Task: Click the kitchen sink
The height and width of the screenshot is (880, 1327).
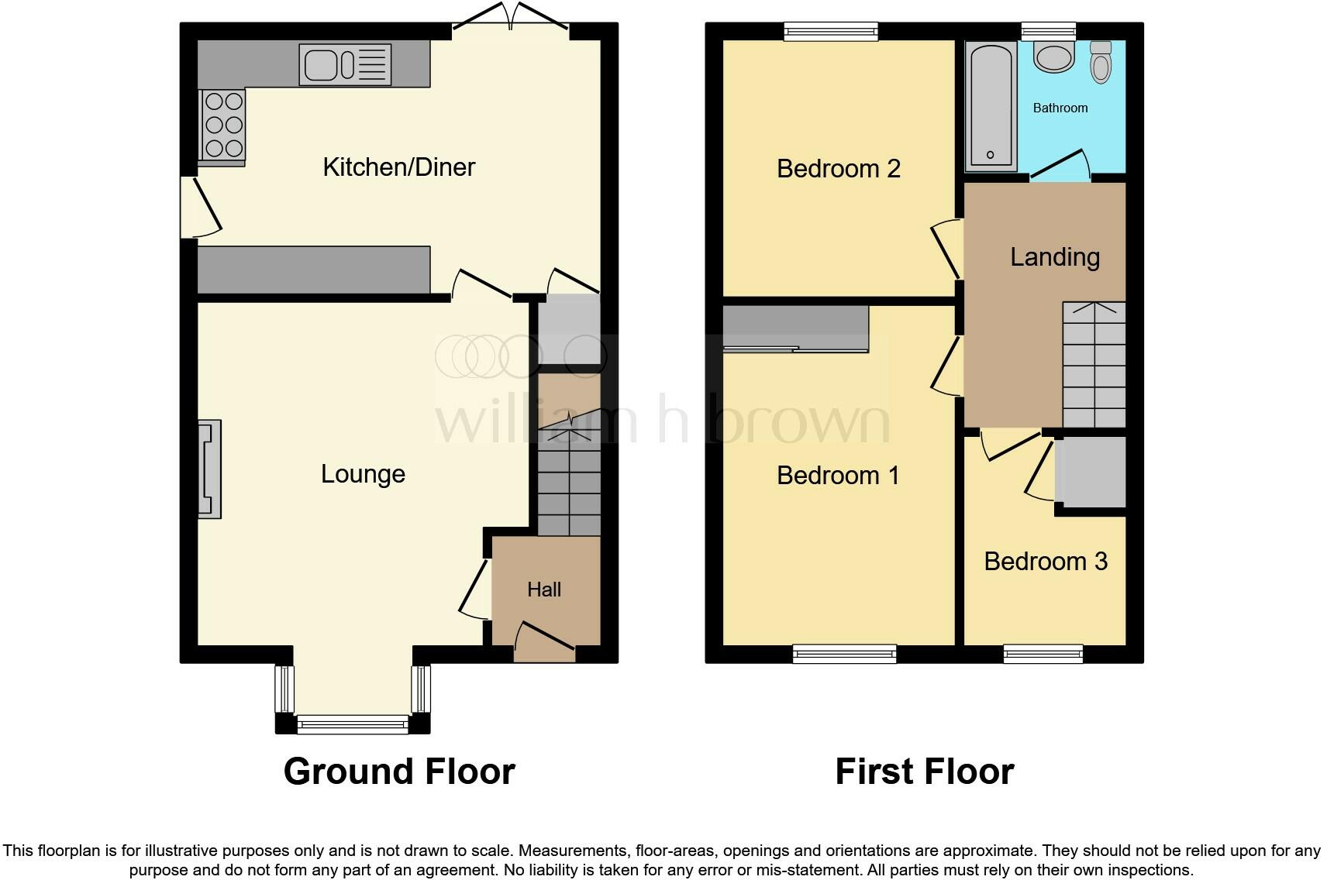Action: coord(345,64)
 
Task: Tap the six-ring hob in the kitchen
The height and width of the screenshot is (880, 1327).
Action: coord(223,124)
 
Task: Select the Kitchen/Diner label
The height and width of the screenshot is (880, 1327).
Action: coord(398,167)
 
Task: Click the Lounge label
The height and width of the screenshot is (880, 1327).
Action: coord(363,473)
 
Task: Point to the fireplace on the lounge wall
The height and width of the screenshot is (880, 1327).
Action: coord(209,469)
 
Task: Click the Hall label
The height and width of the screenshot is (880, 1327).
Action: coord(543,590)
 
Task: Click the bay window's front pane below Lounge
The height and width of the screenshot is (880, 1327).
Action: coord(353,725)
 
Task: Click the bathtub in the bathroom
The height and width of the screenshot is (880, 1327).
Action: coord(991,106)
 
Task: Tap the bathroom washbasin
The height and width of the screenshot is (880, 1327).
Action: coord(1053,57)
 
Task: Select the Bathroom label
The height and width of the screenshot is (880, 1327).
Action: coord(1060,108)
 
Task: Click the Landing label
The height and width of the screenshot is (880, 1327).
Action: coord(1054,256)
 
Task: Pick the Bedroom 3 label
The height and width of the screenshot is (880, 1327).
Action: coord(1045,561)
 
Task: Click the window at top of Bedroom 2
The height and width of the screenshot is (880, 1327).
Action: coord(830,31)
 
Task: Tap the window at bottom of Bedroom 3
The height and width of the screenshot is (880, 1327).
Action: coord(1043,654)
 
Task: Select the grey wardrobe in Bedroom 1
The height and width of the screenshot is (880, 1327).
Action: coord(795,328)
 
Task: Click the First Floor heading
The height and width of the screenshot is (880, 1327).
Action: coord(924,772)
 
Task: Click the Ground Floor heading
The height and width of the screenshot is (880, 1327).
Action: coord(399,772)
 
